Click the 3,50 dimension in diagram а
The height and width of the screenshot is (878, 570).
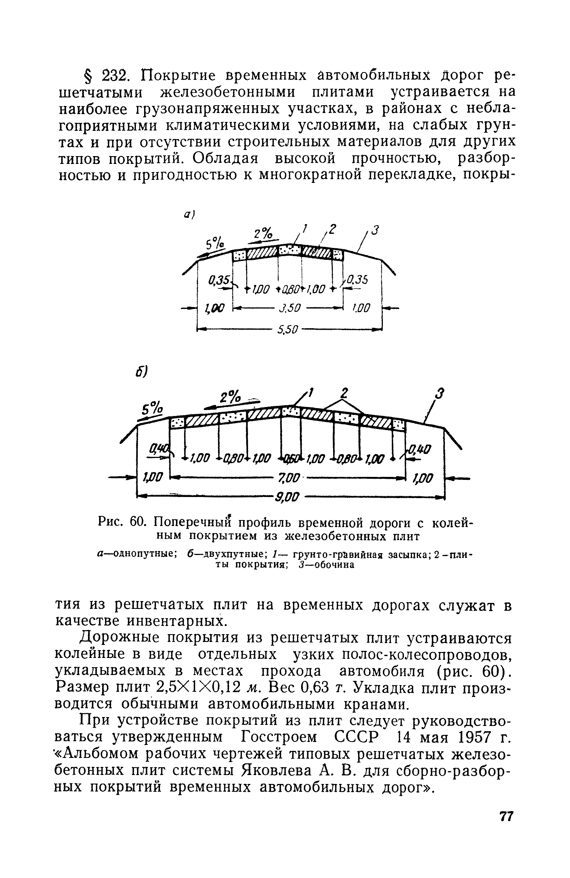pos(289,309)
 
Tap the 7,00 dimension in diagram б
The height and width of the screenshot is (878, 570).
pos(288,478)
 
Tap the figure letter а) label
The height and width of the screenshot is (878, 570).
pos(190,215)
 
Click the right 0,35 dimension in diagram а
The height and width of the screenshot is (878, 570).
pos(356,280)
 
